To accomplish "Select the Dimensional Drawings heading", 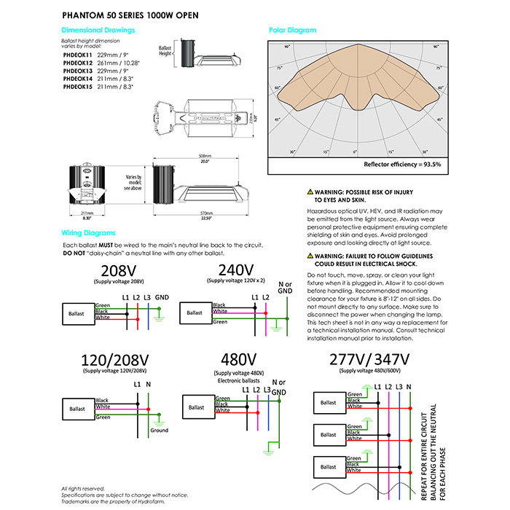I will click(98, 31).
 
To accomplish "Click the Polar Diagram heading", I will click(293, 31).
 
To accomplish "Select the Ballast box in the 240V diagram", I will click(195, 313).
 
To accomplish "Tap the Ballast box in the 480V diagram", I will click(197, 405).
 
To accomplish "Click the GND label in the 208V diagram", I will click(162, 297).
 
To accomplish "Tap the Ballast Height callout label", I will click(166, 51).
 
